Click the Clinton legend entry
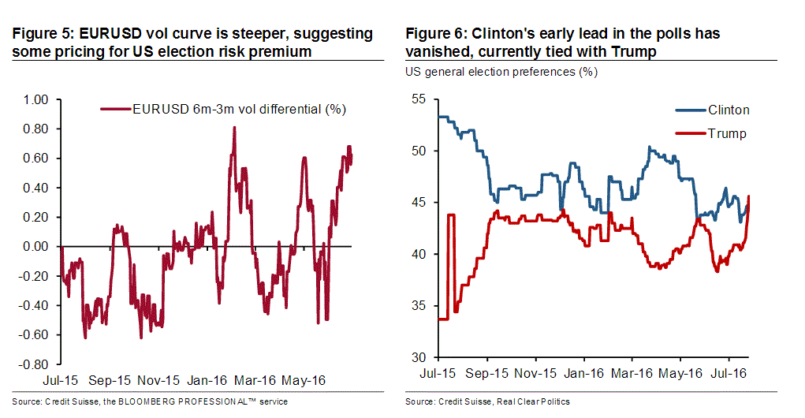click(x=728, y=110)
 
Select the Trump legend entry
click(x=726, y=133)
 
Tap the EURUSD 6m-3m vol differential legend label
click(x=239, y=109)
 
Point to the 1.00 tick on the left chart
click(x=36, y=99)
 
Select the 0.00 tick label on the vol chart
click(x=36, y=247)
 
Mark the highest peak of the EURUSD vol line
click(x=234, y=127)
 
